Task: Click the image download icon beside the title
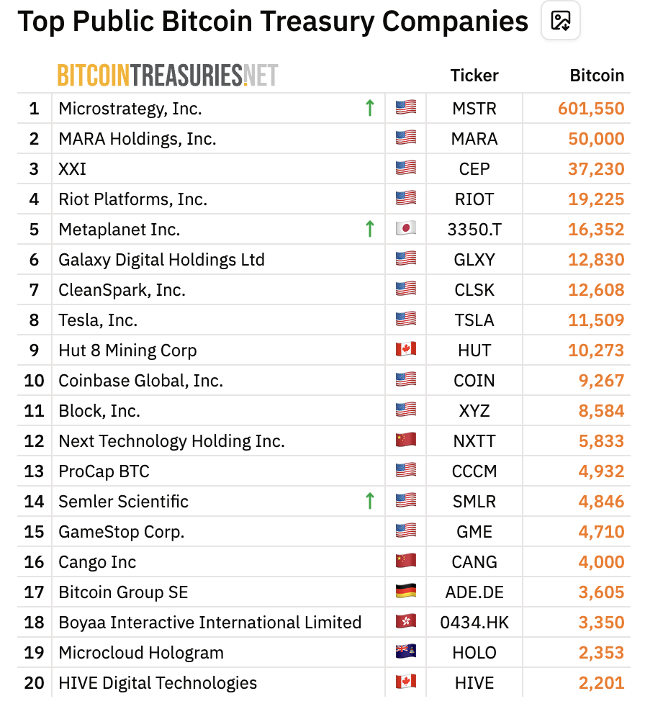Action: tap(560, 21)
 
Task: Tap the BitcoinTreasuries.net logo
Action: tap(168, 76)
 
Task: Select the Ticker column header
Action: tap(474, 76)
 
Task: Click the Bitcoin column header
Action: tap(597, 76)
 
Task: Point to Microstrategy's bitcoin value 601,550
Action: tap(591, 109)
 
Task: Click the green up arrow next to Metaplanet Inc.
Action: tap(370, 229)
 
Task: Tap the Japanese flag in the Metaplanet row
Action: tap(406, 227)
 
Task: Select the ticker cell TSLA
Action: tap(474, 320)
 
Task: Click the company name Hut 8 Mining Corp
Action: tap(127, 351)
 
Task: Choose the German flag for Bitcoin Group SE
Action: tap(406, 591)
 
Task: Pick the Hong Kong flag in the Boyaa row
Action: tap(406, 620)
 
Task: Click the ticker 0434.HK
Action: tap(474, 623)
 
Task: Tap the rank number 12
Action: tap(34, 441)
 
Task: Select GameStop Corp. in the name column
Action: tap(122, 532)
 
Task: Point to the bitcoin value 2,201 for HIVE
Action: tap(601, 683)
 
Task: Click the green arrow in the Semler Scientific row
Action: tap(370, 501)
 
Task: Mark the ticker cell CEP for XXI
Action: tap(474, 169)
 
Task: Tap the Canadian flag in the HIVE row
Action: tap(406, 681)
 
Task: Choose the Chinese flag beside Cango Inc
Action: tap(406, 560)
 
